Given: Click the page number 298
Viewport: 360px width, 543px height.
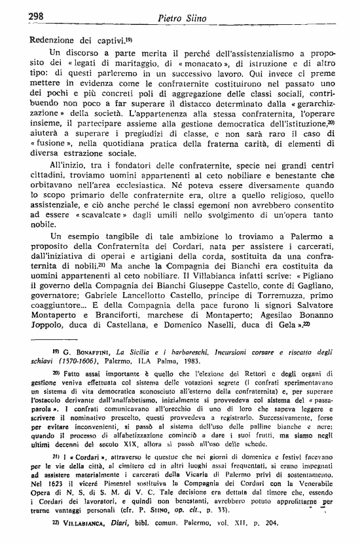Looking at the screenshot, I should [20, 16].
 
